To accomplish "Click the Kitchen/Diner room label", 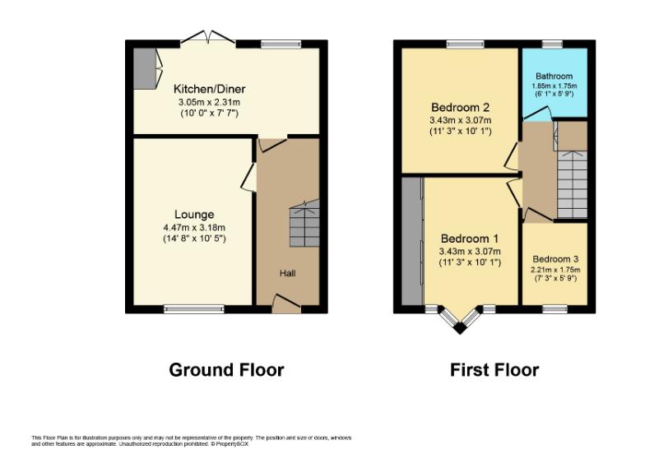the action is pyautogui.click(x=209, y=89).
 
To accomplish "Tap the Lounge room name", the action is pyautogui.click(x=194, y=214).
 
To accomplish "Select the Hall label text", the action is pyautogui.click(x=288, y=273).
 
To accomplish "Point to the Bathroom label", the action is pyautogui.click(x=555, y=76).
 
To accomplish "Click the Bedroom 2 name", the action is pyautogui.click(x=461, y=107).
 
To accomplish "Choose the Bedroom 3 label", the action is pyautogui.click(x=555, y=259).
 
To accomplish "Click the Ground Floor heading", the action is pyautogui.click(x=226, y=370).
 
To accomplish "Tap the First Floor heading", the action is pyautogui.click(x=494, y=370).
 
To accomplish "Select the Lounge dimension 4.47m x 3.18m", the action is pyautogui.click(x=194, y=227).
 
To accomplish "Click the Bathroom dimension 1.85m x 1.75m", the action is pyautogui.click(x=555, y=86).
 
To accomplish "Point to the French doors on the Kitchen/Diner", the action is pyautogui.click(x=208, y=37).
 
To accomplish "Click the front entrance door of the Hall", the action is pyautogui.click(x=286, y=303).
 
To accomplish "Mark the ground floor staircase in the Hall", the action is pyautogui.click(x=304, y=223).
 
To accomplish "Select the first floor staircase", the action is pyautogui.click(x=573, y=184).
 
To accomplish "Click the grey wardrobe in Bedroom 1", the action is pyautogui.click(x=411, y=242).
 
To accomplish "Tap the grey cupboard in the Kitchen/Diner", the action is pyautogui.click(x=145, y=68).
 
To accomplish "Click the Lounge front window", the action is pyautogui.click(x=194, y=309).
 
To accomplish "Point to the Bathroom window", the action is pyautogui.click(x=552, y=44).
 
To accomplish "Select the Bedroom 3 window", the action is pyautogui.click(x=555, y=309).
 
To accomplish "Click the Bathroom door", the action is pyautogui.click(x=536, y=113).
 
